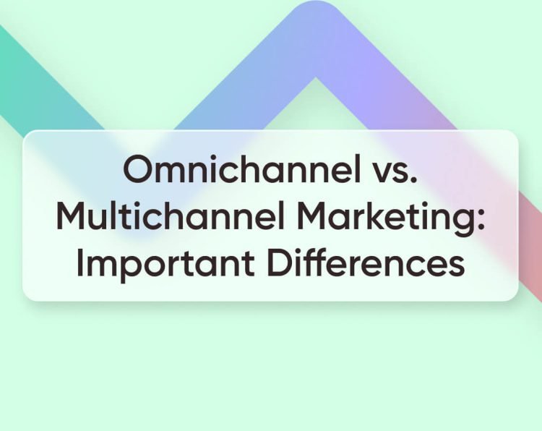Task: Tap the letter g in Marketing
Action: (460, 223)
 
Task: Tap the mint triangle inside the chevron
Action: (315, 108)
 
